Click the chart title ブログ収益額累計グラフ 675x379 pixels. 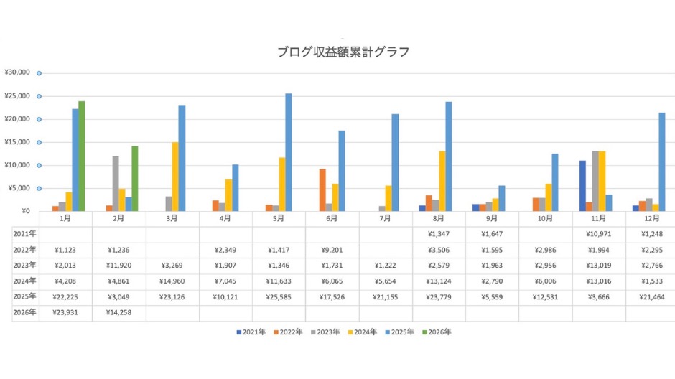[343, 52]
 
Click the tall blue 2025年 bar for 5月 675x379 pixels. [289, 152]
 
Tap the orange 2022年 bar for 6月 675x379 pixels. [323, 189]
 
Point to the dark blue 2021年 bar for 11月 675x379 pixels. [582, 185]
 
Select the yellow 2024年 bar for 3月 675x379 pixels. [174, 177]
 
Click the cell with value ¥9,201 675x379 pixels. [332, 250]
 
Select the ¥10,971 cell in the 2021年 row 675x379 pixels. [599, 234]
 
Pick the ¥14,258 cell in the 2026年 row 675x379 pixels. [119, 312]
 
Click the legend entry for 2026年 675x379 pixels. [438, 332]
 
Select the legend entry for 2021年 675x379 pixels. [251, 332]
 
